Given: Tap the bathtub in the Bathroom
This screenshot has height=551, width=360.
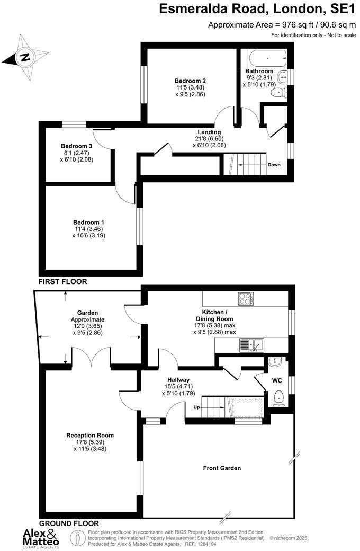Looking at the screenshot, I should (264, 57).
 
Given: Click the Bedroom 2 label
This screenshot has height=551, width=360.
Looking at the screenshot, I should (191, 81).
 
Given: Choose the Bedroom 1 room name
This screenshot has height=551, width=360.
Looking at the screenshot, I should (89, 223).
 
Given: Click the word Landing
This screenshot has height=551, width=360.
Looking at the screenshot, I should (209, 132).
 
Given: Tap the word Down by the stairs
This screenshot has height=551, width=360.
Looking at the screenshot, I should (274, 165).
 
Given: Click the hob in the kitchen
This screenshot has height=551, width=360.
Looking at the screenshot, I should (246, 299).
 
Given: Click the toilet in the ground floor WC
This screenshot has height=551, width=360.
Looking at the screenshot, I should (279, 397).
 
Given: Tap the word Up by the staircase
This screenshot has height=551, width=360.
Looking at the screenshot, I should (197, 408).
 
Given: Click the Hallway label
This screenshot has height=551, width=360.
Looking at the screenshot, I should (178, 380).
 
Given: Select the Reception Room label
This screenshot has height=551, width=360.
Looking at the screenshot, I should (90, 436).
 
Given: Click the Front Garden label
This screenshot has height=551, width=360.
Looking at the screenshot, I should (222, 468).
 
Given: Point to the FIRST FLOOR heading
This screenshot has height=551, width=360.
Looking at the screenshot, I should (62, 282).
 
